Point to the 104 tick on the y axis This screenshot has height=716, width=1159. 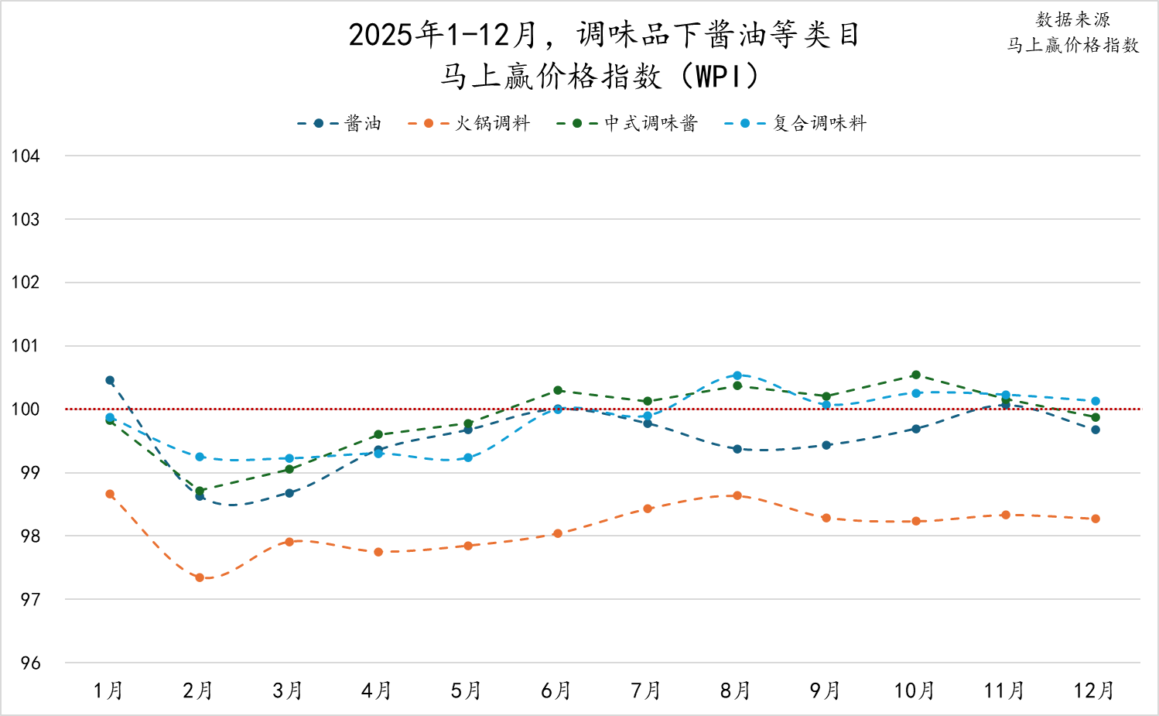coord(26,156)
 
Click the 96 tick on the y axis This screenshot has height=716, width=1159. coord(30,663)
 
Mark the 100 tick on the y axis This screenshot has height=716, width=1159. coord(26,409)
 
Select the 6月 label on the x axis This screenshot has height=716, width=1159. coord(556,690)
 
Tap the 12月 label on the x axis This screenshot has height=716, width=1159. coord(1094,690)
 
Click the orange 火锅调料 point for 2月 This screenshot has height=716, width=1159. coord(200,577)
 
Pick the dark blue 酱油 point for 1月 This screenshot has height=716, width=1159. coord(110,380)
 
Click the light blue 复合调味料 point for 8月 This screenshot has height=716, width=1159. coord(737,375)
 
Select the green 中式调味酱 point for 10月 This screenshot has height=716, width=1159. coord(916,375)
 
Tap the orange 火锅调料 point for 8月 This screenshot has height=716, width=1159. coord(737,495)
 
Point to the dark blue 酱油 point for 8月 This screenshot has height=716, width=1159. coord(737,449)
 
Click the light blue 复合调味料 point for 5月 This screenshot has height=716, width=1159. coord(468,457)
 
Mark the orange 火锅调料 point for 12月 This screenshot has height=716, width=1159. coord(1096,519)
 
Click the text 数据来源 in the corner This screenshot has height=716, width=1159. coord(1072,20)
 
